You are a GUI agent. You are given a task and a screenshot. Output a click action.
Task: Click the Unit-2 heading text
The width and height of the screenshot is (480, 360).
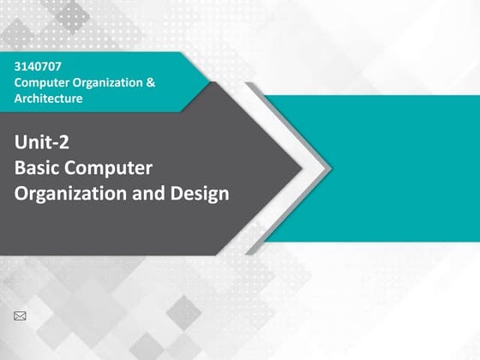[x=42, y=143]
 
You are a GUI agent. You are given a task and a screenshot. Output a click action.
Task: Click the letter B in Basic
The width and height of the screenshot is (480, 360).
[x=21, y=168]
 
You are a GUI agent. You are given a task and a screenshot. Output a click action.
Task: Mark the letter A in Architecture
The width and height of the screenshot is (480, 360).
[x=19, y=98]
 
